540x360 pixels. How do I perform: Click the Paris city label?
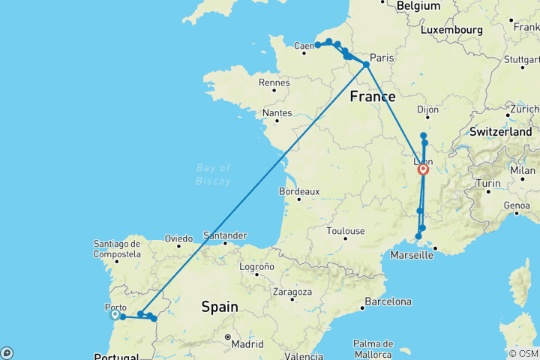click(x=382, y=58)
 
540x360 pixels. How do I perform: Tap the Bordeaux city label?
click(x=299, y=191)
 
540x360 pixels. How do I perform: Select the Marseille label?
click(x=412, y=255)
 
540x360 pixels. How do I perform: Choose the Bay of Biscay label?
click(x=214, y=174)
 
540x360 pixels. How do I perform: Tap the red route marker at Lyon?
click(x=424, y=169)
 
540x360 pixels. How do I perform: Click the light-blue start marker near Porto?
click(x=115, y=315)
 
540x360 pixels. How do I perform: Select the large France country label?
click(x=373, y=96)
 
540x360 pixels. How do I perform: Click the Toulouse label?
click(x=346, y=231)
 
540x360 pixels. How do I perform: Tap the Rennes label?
click(x=274, y=82)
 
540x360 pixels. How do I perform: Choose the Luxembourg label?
click(x=451, y=30)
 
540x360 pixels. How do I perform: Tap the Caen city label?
click(x=303, y=46)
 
